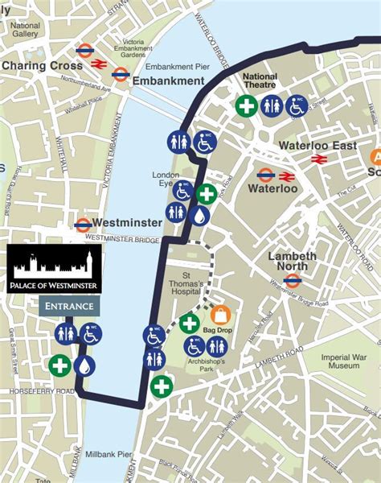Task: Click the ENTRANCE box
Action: point(69,307)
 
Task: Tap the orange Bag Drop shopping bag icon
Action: point(220,315)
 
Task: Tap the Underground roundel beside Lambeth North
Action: point(293,281)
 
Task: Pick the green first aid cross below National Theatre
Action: point(246,105)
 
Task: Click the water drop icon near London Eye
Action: point(200,215)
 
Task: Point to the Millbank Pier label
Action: point(108,455)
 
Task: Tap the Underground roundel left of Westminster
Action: point(83,225)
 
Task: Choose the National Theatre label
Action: point(259,81)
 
